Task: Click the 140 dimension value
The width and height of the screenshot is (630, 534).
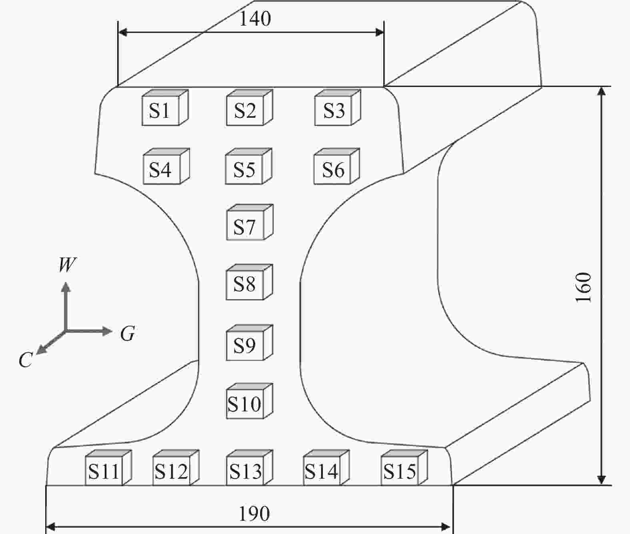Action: [x=255, y=18]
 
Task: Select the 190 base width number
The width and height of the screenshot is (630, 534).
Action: [x=254, y=514]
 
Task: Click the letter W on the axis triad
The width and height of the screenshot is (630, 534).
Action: [x=67, y=265]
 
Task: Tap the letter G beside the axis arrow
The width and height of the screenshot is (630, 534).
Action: [x=128, y=333]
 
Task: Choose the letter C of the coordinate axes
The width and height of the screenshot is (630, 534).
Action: [x=25, y=360]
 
